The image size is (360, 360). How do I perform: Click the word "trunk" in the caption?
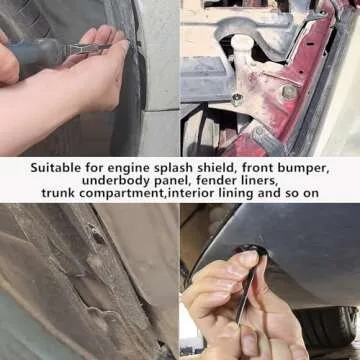tap(59, 193)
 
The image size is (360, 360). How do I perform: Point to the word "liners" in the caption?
tap(251, 181)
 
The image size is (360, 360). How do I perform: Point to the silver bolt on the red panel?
tap(290, 92)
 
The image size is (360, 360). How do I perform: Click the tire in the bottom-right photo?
tap(330, 326)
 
